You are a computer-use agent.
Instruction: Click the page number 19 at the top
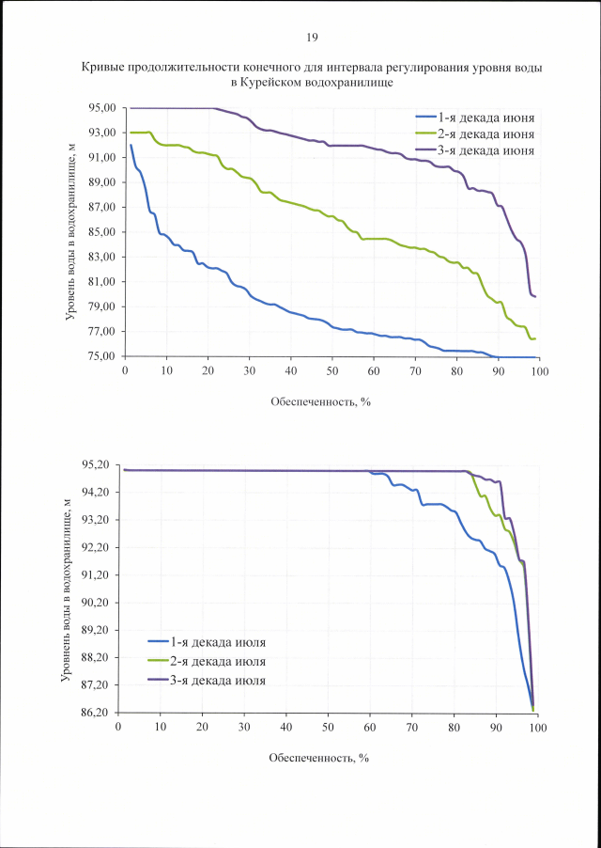[x=313, y=38]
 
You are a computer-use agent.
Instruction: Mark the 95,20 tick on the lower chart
[x=96, y=465]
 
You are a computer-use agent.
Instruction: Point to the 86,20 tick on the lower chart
[x=96, y=713]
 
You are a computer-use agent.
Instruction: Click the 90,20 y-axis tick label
[x=96, y=603]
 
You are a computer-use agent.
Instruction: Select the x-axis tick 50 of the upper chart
[x=332, y=371]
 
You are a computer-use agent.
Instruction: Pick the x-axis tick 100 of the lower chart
[x=538, y=727]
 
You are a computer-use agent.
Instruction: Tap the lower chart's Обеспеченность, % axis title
[x=317, y=757]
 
